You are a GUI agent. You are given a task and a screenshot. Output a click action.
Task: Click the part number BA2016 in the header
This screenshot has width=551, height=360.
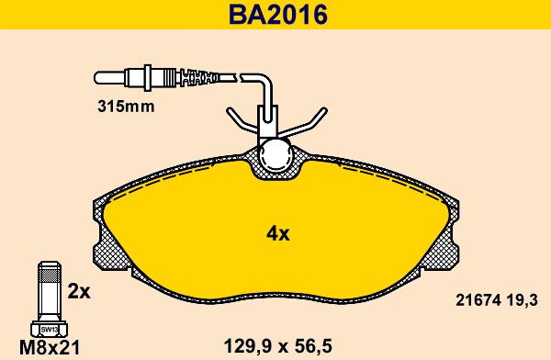click(x=274, y=16)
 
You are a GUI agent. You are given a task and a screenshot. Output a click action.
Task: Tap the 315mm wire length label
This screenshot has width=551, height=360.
click(x=125, y=105)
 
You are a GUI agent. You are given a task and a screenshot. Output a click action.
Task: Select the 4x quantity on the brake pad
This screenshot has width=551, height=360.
click(x=277, y=233)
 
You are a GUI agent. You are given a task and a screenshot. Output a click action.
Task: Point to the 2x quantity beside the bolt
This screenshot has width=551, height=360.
click(x=79, y=291)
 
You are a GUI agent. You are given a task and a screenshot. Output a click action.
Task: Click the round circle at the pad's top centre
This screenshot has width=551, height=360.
click(x=275, y=155)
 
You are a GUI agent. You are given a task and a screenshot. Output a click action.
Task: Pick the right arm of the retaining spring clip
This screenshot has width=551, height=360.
click(x=313, y=121)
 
